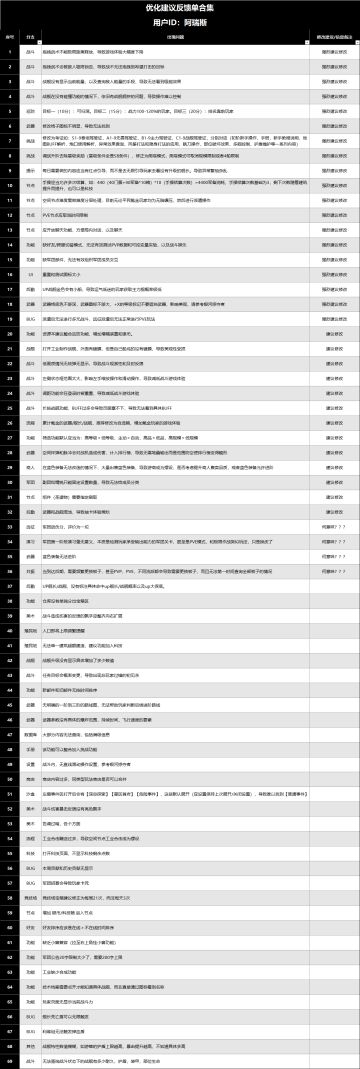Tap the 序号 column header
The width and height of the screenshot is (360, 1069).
pyautogui.click(x=10, y=35)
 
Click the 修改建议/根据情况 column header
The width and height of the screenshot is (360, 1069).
pyautogui.click(x=334, y=35)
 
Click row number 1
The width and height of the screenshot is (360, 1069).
pyautogui.click(x=10, y=48)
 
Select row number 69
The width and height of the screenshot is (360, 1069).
pyautogui.click(x=10, y=1060)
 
